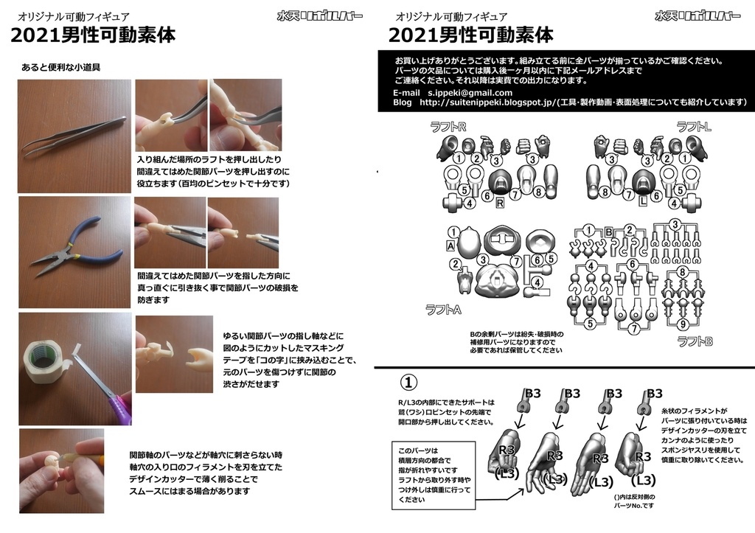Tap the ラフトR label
point(448,127)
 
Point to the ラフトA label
point(443,310)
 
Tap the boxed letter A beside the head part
point(450,245)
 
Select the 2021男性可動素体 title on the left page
point(91,35)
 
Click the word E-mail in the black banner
point(406,93)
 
